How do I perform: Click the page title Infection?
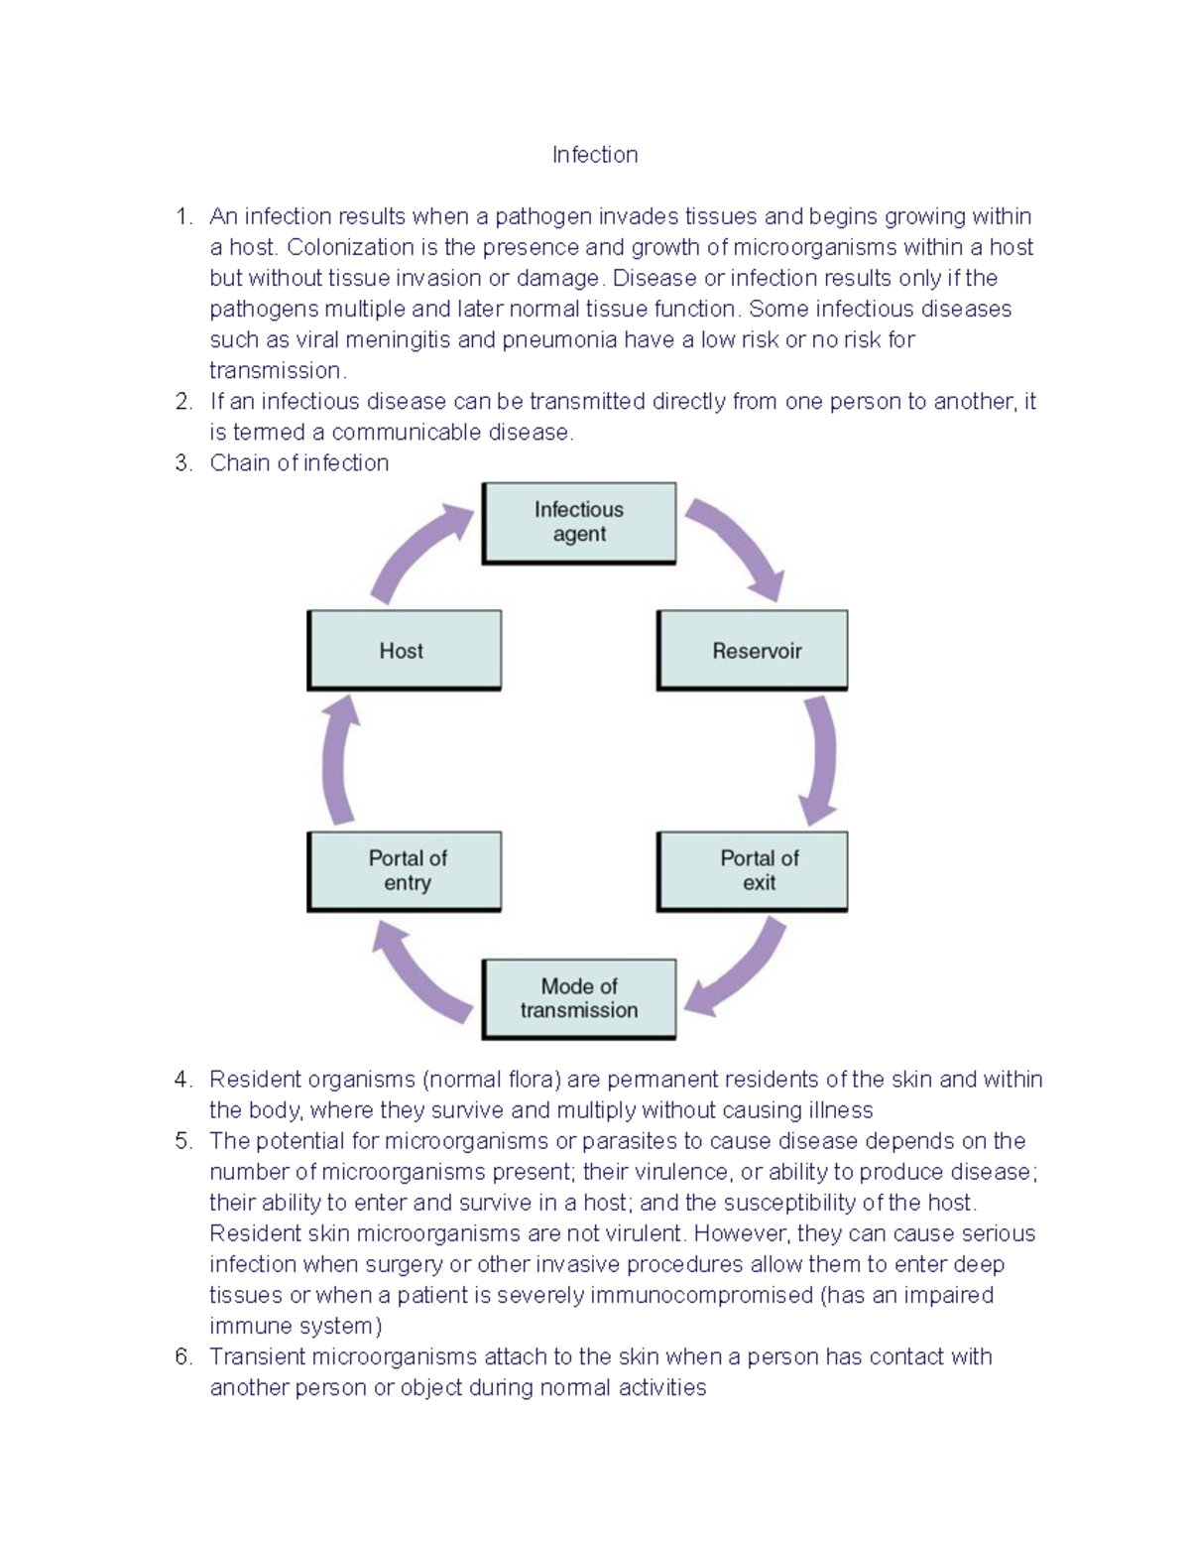click(595, 155)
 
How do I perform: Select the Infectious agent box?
click(579, 523)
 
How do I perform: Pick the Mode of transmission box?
click(579, 998)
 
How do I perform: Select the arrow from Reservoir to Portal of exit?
click(822, 759)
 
